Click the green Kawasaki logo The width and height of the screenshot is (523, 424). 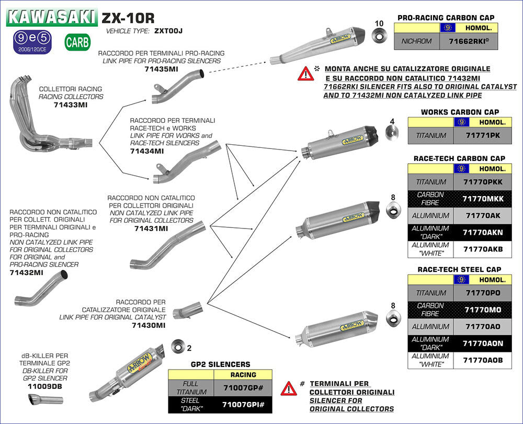(52, 17)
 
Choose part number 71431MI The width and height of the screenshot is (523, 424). (151, 228)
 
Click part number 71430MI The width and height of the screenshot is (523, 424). (149, 325)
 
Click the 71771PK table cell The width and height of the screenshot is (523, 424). (474, 136)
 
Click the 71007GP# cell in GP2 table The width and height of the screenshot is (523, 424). (243, 387)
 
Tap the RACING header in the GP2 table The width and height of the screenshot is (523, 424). (243, 374)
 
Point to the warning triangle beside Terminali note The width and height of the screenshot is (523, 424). (288, 388)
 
